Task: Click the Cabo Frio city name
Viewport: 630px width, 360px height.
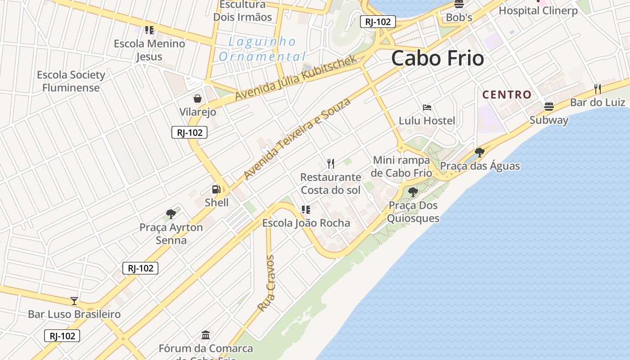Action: [437, 58]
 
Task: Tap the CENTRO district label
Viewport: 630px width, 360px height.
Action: [507, 95]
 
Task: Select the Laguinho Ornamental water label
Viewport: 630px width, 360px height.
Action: [262, 49]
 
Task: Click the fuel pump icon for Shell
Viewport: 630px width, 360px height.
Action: [216, 189]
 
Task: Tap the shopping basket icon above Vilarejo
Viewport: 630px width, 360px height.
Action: [197, 99]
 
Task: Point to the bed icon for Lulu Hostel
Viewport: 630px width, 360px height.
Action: [427, 108]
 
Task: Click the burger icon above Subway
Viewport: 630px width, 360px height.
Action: [549, 107]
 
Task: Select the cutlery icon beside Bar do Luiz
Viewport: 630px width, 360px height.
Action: [597, 89]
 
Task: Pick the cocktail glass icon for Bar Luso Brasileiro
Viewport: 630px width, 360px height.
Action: [74, 301]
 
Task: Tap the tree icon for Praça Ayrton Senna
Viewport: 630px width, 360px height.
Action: [171, 214]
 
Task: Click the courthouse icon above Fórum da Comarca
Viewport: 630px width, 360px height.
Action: [206, 335]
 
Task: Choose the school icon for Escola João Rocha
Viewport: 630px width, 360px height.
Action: [306, 209]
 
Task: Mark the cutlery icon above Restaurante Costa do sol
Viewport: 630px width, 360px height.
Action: [331, 163]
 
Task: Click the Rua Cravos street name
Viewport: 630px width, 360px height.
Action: [266, 283]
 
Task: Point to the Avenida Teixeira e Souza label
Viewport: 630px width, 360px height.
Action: [297, 139]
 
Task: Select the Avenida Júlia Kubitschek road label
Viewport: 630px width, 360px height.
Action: [296, 78]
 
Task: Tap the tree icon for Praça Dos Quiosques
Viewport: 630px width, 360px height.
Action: [413, 192]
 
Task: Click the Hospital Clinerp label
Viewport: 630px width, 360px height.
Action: [538, 11]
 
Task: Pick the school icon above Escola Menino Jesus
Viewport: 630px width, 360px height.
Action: [149, 30]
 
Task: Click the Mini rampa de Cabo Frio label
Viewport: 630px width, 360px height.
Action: [401, 166]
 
